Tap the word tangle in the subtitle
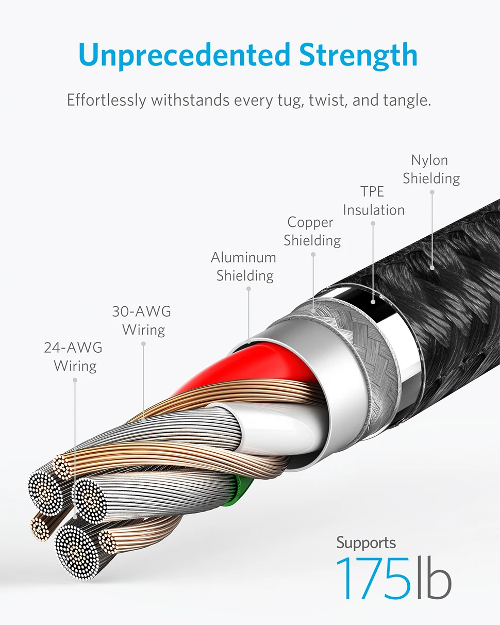(406, 100)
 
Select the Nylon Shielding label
(431, 169)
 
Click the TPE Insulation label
(374, 201)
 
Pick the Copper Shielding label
(312, 231)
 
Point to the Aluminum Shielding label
(244, 266)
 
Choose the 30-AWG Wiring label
(142, 320)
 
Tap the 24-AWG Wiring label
(74, 356)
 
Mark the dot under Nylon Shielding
(432, 192)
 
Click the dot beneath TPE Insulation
(373, 223)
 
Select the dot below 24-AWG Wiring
(75, 380)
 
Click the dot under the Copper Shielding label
(313, 254)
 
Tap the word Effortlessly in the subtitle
(106, 100)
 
